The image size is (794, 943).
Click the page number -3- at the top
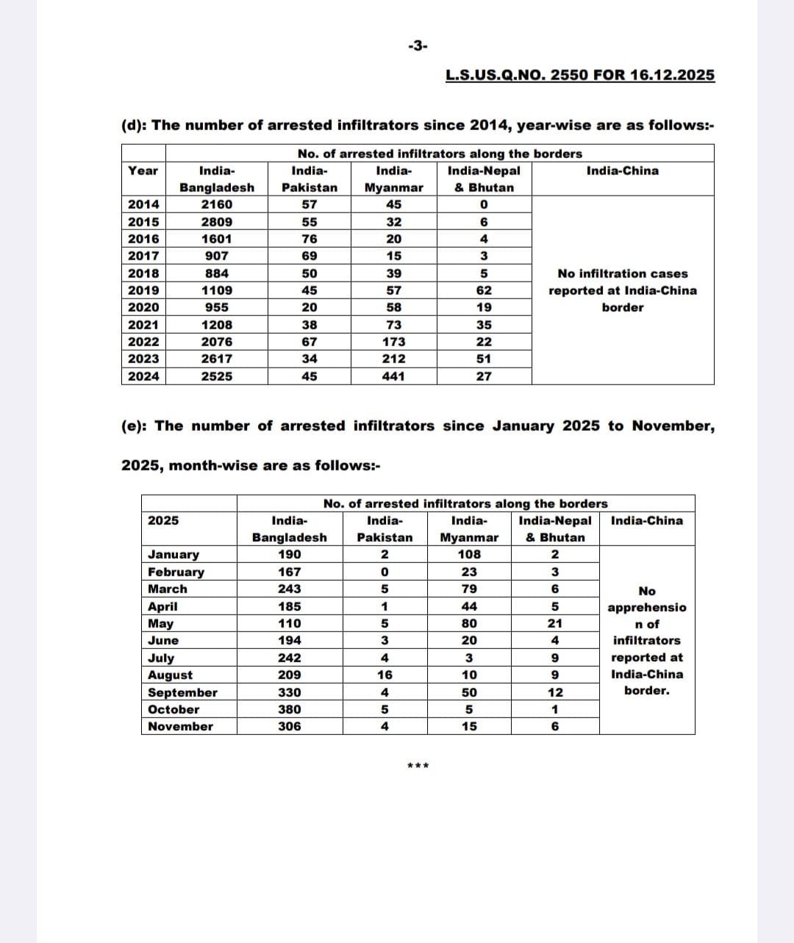tap(417, 46)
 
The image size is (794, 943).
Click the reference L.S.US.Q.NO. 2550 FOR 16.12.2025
tap(580, 74)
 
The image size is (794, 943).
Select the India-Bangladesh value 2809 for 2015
tap(217, 222)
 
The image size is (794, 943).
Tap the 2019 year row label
tap(143, 290)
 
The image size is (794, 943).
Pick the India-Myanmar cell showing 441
tap(394, 376)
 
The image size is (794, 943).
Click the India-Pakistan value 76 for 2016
tap(310, 239)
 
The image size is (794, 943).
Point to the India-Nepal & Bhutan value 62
tap(484, 290)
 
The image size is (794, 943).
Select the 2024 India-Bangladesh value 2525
tap(217, 376)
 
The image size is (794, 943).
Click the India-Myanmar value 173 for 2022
tap(394, 342)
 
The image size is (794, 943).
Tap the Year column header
tap(143, 171)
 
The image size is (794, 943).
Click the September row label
tap(182, 692)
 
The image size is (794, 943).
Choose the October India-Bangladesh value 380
tap(290, 709)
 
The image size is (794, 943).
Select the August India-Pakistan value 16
tap(385, 675)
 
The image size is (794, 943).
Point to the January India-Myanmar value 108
tap(469, 555)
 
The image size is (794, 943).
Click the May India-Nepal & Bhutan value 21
tap(555, 623)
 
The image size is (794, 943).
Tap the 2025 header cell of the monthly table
tap(163, 520)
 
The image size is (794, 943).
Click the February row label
tap(176, 572)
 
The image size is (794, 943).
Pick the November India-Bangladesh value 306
tap(290, 726)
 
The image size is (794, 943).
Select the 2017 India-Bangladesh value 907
tap(217, 256)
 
